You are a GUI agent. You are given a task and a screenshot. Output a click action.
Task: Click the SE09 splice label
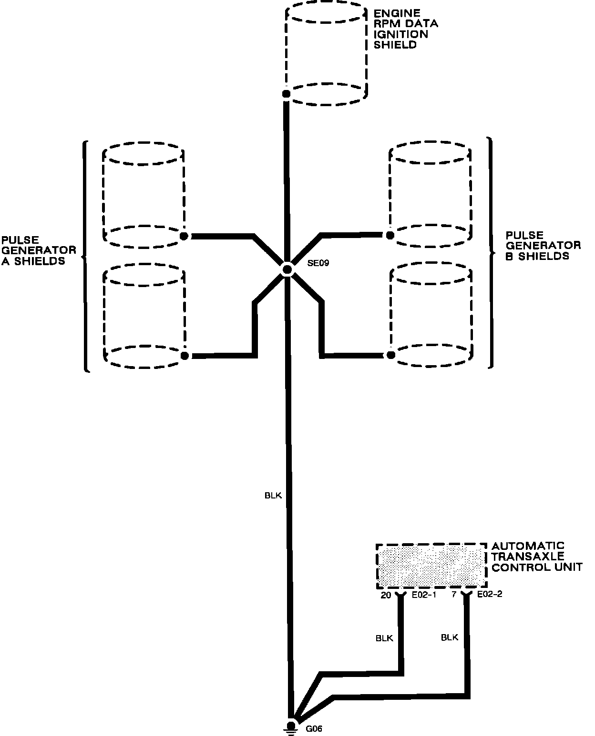click(x=318, y=263)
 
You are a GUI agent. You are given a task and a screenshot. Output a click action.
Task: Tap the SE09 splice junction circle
click(x=287, y=270)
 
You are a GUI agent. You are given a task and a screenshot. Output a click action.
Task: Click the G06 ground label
click(x=314, y=728)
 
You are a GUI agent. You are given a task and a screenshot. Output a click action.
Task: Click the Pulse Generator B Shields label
click(x=543, y=246)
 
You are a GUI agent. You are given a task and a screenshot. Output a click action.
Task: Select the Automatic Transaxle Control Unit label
click(x=537, y=557)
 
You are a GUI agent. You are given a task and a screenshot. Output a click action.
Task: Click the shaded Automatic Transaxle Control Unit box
click(x=431, y=567)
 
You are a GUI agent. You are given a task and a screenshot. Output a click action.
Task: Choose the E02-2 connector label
click(x=489, y=595)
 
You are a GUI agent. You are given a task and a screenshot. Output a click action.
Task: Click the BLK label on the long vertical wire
click(x=273, y=496)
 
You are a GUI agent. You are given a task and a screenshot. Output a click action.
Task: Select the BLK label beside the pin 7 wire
click(x=450, y=637)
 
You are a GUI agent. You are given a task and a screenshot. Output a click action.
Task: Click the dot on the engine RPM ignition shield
click(x=286, y=94)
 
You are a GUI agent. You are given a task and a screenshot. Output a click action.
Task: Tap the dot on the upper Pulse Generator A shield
click(x=184, y=236)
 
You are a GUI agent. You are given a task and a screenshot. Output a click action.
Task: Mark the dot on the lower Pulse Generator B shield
click(x=391, y=355)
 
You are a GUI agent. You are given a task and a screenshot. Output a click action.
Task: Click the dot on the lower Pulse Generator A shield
click(x=185, y=356)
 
